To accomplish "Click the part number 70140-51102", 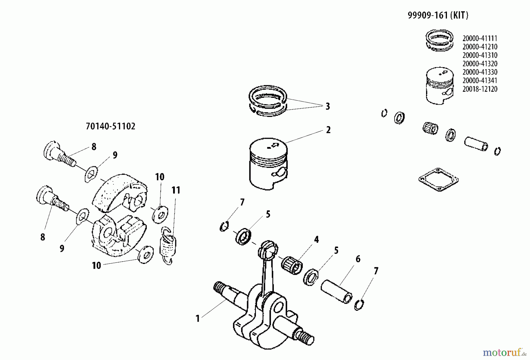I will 110,126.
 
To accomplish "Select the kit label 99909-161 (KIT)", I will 438,15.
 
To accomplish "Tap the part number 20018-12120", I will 480,89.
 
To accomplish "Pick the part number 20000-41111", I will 480,38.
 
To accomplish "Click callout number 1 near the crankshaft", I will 198,318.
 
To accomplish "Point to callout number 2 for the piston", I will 328,130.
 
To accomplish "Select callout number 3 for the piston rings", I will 327,106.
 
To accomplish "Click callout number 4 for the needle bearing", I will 316,239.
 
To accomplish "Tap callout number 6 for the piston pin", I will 358,259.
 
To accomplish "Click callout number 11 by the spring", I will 176,190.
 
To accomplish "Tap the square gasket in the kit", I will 439,179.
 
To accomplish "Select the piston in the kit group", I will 440,86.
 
